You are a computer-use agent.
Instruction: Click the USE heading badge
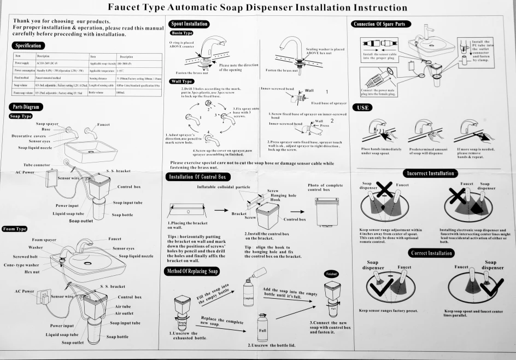(x=363, y=108)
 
